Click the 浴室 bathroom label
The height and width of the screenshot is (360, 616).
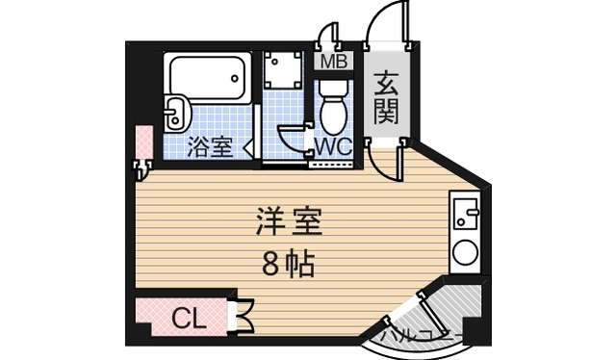click(209, 147)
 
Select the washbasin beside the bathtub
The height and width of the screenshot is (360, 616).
click(176, 113)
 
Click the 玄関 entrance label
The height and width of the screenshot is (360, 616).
click(386, 98)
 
